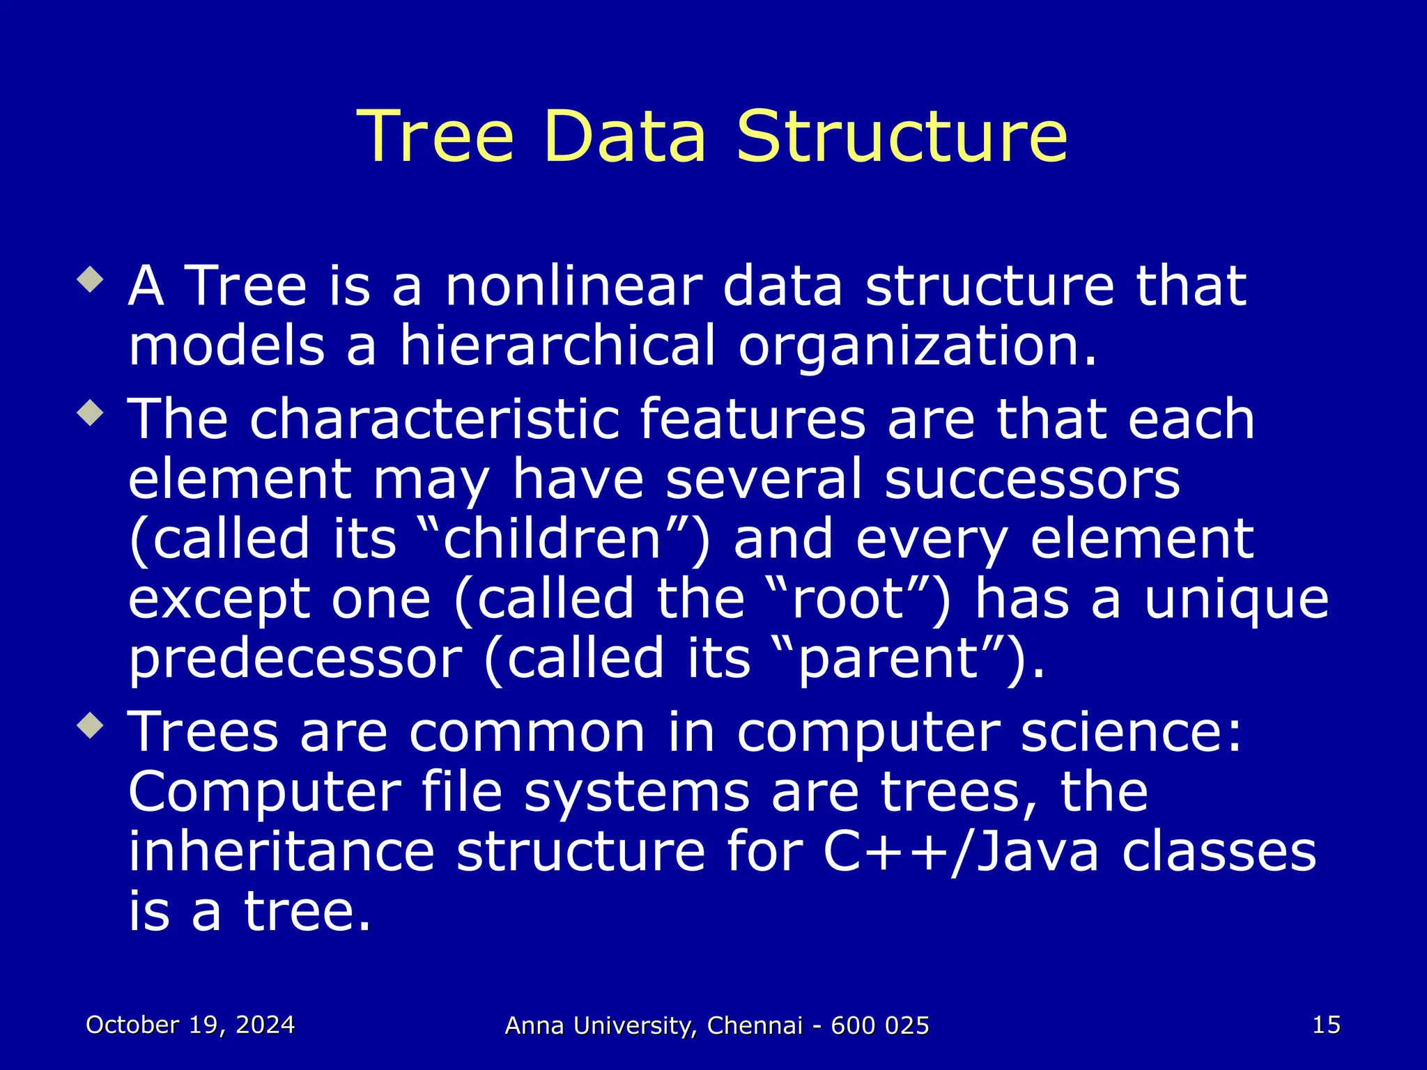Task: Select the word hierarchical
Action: tap(557, 346)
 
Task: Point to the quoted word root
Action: tap(848, 599)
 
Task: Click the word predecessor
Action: tap(295, 659)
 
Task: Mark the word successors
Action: tap(1032, 479)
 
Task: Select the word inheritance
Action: tap(281, 851)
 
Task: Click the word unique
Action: tap(1236, 599)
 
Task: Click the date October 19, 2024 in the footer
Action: tap(190, 1025)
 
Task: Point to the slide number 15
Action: tap(1326, 1025)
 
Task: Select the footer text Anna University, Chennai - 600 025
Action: tap(717, 1025)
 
